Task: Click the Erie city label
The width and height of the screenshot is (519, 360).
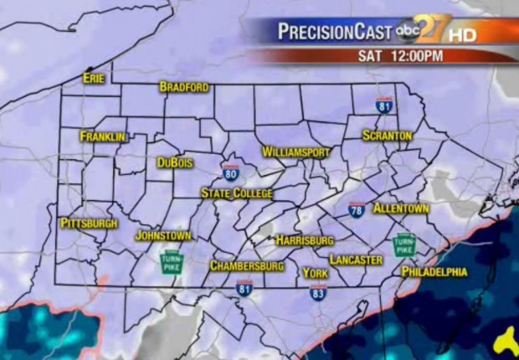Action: point(93,78)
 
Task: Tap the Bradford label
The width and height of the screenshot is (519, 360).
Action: point(184,87)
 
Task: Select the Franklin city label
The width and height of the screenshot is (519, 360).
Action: point(103,136)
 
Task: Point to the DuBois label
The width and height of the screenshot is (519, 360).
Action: point(175,163)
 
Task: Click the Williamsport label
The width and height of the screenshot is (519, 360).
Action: point(296,152)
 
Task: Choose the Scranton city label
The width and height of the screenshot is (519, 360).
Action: point(388,135)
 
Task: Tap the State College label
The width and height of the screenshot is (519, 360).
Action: point(237,193)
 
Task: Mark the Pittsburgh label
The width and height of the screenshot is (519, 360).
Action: point(89,224)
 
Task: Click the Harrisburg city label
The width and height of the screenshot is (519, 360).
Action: point(305,240)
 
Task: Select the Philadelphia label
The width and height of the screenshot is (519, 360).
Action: point(434,272)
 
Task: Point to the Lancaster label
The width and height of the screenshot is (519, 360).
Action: point(356,260)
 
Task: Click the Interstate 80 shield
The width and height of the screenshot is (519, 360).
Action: point(230,173)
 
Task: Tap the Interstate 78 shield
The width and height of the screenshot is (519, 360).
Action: point(357,209)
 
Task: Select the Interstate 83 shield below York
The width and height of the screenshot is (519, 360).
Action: point(317,292)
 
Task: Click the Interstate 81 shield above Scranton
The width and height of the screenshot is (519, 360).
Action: point(384,105)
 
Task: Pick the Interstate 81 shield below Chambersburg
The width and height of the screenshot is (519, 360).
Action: point(244,287)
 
